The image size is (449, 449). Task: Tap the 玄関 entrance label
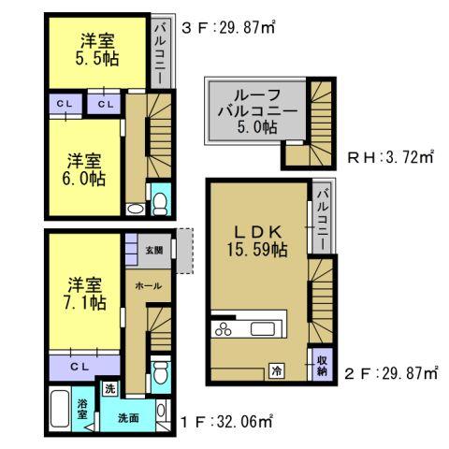(x=153, y=250)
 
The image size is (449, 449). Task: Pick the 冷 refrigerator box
(x=278, y=369)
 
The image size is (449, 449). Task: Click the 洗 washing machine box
(x=109, y=388)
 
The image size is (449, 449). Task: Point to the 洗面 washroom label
(x=128, y=417)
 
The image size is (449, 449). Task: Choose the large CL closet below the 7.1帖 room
(x=80, y=365)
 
